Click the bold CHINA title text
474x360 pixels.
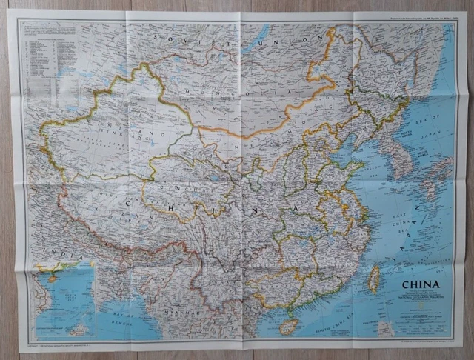pos(420,284)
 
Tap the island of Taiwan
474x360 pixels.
pos(374,279)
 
